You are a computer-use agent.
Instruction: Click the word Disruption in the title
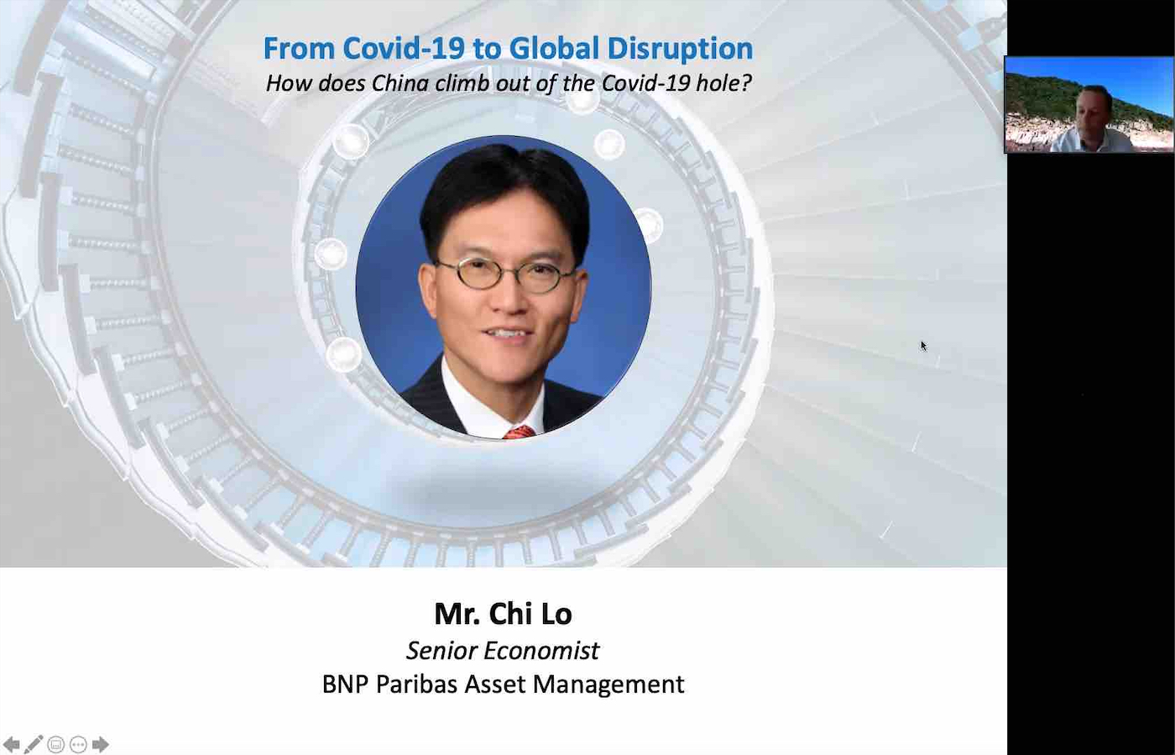point(680,49)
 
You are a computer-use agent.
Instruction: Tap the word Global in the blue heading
point(554,48)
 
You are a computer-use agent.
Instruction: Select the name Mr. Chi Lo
point(503,613)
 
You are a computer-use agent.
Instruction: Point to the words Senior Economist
point(503,651)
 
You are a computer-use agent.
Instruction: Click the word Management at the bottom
point(608,684)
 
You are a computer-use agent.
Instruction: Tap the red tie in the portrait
point(520,433)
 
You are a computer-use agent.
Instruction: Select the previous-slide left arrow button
point(12,744)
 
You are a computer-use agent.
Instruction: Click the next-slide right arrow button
point(100,744)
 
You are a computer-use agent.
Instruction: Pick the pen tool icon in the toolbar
point(33,744)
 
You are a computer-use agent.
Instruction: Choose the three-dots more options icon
point(78,744)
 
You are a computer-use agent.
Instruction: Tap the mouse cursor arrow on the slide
point(924,346)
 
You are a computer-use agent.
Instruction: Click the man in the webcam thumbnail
point(1090,121)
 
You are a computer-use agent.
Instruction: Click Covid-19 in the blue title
point(404,48)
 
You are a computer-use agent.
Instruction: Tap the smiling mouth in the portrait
point(507,333)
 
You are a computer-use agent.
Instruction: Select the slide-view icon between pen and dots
point(55,744)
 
